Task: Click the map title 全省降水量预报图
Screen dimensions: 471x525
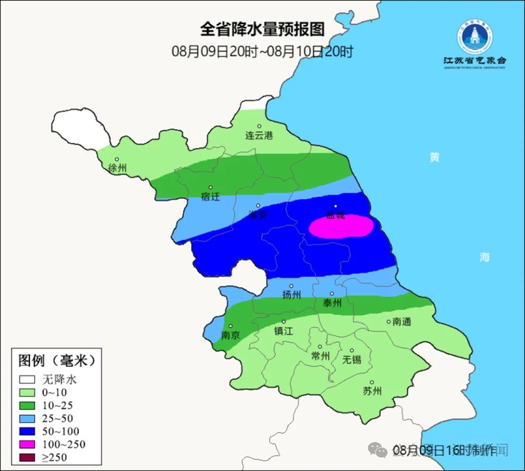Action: tap(262, 29)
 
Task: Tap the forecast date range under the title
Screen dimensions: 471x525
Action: tap(262, 51)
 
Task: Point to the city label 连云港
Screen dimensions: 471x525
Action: tap(258, 136)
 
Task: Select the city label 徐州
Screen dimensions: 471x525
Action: tap(117, 168)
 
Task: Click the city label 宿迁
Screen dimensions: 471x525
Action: tap(210, 197)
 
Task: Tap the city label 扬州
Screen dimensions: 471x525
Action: tap(291, 295)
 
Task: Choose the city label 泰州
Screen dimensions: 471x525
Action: tap(332, 303)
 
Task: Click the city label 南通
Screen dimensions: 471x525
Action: tap(402, 321)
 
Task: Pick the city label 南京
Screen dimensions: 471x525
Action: tap(231, 336)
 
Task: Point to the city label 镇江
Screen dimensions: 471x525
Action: tap(283, 330)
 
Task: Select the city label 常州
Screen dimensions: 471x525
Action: tap(320, 356)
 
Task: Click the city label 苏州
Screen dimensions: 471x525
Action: tap(372, 391)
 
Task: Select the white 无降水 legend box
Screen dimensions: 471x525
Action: tap(28, 380)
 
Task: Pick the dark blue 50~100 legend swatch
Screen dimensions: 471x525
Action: tap(28, 431)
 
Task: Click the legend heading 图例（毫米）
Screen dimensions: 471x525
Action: tap(57, 361)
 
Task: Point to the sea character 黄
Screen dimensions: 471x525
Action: tap(435, 157)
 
